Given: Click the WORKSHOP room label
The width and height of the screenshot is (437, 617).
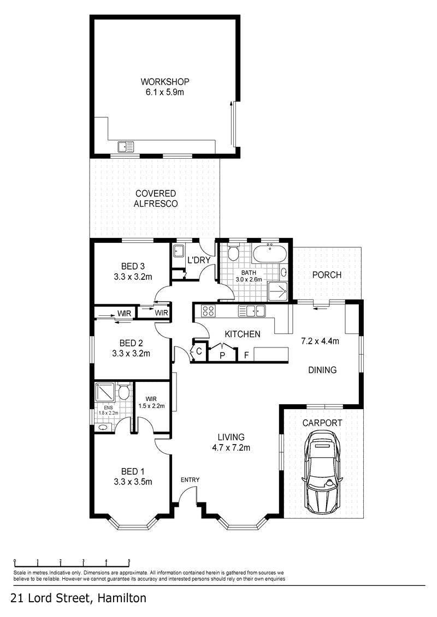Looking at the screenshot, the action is (165, 82).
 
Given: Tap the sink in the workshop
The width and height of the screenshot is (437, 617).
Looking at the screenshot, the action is (126, 147).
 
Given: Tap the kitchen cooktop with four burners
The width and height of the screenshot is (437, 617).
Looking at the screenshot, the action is (208, 311).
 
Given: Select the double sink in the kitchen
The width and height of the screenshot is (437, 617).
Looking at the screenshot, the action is (252, 311).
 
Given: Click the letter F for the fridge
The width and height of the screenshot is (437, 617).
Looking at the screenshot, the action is (246, 356).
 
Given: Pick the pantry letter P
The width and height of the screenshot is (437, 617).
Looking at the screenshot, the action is (222, 356).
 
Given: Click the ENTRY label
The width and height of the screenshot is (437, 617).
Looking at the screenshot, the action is (190, 480).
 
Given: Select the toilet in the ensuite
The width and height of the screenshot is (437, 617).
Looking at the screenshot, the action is (124, 391).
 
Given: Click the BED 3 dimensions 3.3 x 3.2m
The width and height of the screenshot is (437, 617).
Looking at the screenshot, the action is (133, 277).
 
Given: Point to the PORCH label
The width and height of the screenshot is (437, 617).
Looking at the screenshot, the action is (327, 274).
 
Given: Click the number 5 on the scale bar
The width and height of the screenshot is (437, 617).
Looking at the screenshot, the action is (129, 561).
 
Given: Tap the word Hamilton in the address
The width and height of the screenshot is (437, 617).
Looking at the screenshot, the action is (122, 598).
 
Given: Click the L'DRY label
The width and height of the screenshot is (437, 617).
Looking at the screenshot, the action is (199, 260).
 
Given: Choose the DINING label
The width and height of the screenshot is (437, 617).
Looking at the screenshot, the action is (322, 370).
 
